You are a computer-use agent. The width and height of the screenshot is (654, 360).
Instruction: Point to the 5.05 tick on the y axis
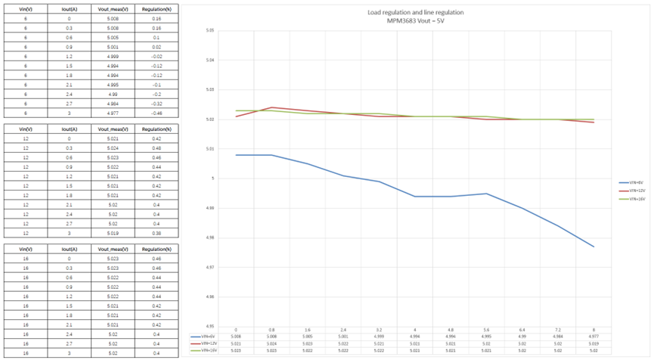tap(210, 31)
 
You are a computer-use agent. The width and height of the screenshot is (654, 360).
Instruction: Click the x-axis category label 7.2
tap(557, 331)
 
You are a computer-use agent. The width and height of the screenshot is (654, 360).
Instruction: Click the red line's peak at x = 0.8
tap(272, 107)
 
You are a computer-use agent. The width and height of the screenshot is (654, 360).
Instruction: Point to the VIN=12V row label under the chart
tap(205, 344)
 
